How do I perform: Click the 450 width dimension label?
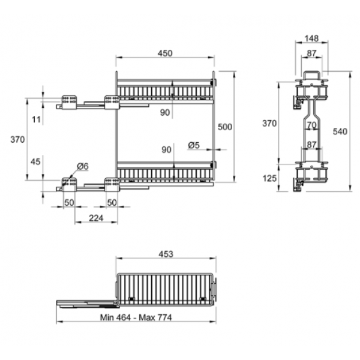tap(165, 53)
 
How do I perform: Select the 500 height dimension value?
tap(225, 127)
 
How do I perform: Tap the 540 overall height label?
tap(340, 131)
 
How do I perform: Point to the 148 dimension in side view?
tap(311, 38)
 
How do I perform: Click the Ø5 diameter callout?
tap(194, 145)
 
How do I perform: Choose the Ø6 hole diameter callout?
tap(83, 166)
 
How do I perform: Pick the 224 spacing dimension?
tap(96, 218)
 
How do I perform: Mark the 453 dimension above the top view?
tap(166, 254)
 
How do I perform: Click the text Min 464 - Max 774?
tap(136, 317)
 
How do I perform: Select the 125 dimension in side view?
tap(269, 178)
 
